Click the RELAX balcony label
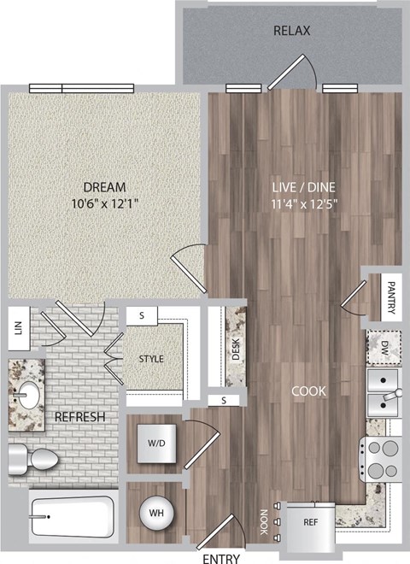pyautogui.click(x=291, y=31)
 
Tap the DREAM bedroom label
pyautogui.click(x=105, y=187)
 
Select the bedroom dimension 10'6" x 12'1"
pyautogui.click(x=105, y=203)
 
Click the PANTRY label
pyautogui.click(x=391, y=298)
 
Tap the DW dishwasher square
pyautogui.click(x=384, y=347)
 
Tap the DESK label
pyautogui.click(x=236, y=351)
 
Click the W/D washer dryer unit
pyautogui.click(x=156, y=444)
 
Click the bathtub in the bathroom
pyautogui.click(x=72, y=515)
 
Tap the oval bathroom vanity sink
pyautogui.click(x=31, y=396)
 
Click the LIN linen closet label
pyautogui.click(x=17, y=327)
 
